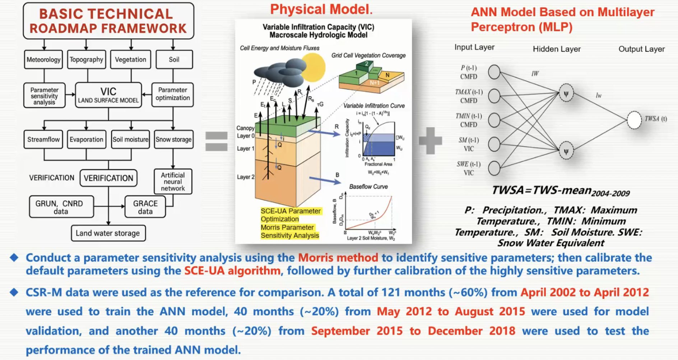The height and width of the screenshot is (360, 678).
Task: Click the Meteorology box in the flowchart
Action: (44, 59)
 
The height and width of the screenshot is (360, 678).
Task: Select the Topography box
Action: (87, 59)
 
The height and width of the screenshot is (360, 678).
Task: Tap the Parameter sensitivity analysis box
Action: (44, 96)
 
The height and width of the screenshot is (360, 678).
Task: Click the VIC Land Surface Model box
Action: (108, 95)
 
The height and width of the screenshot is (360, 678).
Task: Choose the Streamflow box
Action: (43, 139)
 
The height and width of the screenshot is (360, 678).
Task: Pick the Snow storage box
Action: (173, 139)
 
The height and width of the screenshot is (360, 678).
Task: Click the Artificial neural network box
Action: (173, 181)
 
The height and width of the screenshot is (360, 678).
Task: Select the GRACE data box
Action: (145, 207)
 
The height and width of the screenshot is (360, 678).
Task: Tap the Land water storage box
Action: (108, 233)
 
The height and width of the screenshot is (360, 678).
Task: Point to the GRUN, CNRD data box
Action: (61, 207)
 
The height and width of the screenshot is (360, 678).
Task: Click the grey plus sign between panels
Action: (430, 140)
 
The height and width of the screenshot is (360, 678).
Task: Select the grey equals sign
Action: (216, 141)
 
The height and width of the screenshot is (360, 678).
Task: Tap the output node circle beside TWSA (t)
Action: (634, 120)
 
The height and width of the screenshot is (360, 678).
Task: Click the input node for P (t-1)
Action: (494, 72)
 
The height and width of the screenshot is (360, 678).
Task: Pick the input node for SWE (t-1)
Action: (494, 168)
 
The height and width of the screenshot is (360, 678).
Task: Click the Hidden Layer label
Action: (557, 49)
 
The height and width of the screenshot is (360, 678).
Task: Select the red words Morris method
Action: (338, 258)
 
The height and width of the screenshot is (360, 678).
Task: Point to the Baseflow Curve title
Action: (368, 186)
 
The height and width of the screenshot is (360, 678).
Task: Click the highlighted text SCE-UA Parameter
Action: (291, 211)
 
